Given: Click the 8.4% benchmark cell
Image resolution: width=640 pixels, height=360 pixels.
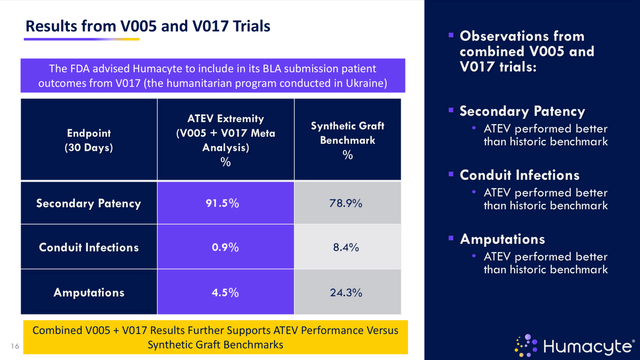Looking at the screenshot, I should (x=346, y=247).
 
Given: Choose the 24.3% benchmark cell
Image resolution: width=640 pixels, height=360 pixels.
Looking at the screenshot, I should (x=346, y=292).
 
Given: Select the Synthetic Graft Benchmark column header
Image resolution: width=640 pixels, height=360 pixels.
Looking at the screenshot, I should (x=346, y=139).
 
